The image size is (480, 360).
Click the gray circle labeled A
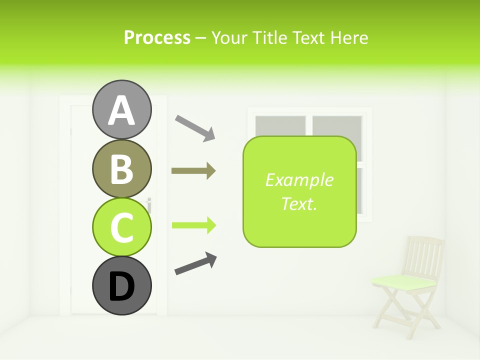pyautogui.click(x=121, y=109)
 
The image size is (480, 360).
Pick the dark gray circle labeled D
pyautogui.click(x=121, y=285)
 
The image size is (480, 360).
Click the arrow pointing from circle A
pyautogui.click(x=194, y=128)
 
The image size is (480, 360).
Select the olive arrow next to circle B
pyautogui.click(x=193, y=171)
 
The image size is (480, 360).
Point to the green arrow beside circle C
pyautogui.click(x=193, y=225)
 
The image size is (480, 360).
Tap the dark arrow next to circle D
pyautogui.click(x=195, y=263)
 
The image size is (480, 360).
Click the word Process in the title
pyautogui.click(x=157, y=38)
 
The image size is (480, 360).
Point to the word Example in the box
pyautogui.click(x=299, y=180)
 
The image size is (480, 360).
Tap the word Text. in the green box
pyautogui.click(x=299, y=203)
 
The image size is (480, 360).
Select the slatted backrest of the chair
pyautogui.click(x=424, y=255)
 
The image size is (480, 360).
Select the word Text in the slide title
pyautogui.click(x=308, y=38)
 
